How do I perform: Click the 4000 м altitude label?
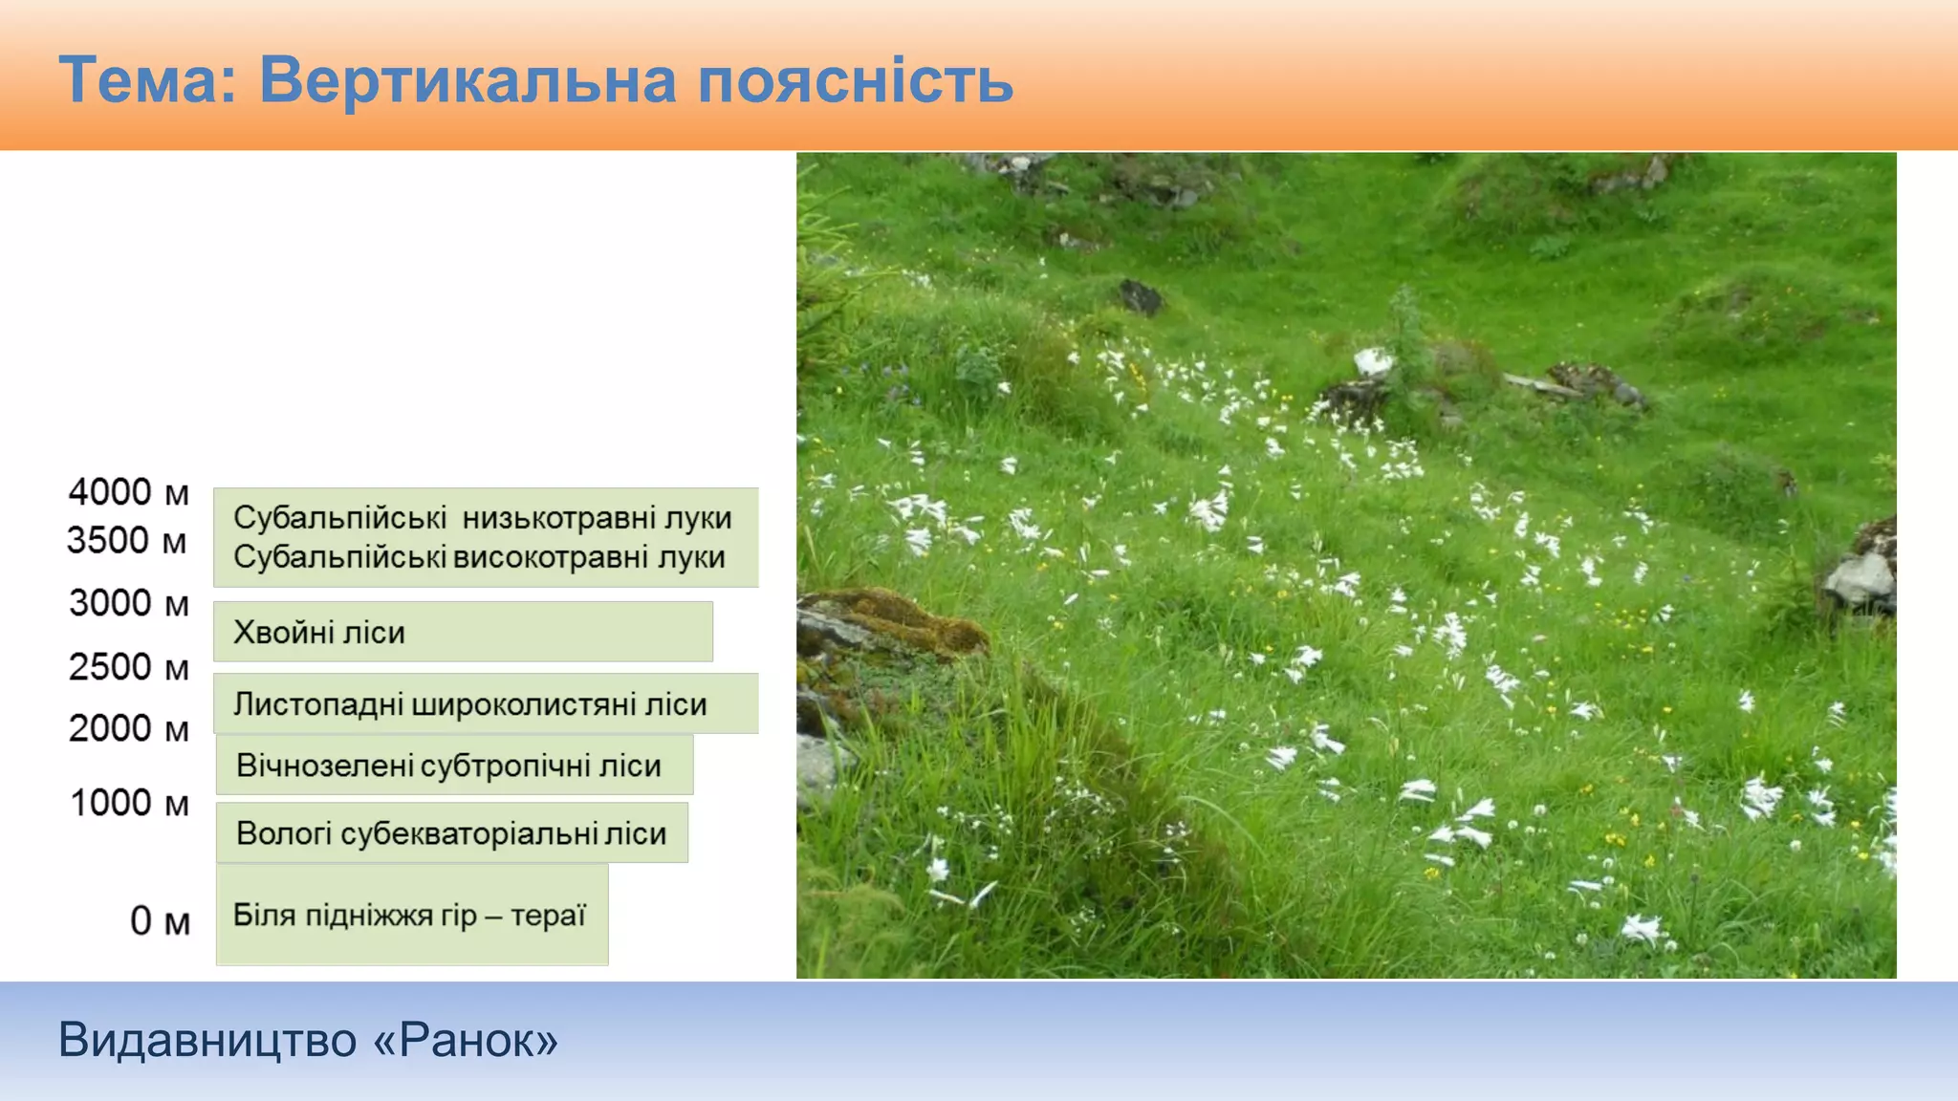click(128, 492)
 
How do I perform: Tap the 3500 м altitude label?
click(127, 541)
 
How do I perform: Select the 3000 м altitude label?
click(128, 603)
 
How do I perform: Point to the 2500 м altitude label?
click(128, 667)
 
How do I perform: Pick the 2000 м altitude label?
click(128, 729)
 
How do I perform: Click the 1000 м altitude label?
click(129, 803)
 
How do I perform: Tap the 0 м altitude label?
click(160, 921)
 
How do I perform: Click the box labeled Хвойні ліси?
click(463, 632)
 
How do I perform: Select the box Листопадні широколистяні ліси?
click(486, 704)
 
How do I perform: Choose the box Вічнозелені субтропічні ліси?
click(454, 766)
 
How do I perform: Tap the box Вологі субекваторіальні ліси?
click(451, 833)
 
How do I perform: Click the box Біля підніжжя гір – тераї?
click(412, 916)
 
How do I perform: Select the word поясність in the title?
click(855, 80)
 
